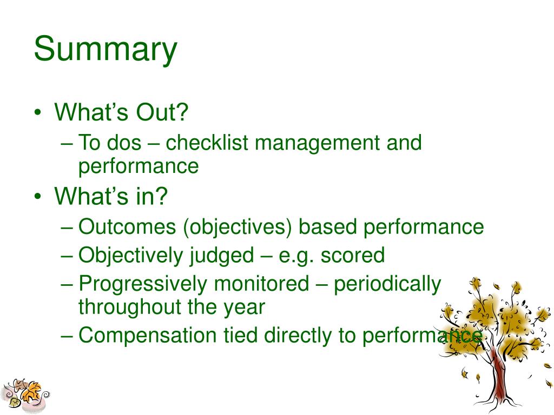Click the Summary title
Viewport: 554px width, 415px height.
pos(105,49)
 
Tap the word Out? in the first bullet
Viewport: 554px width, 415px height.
pos(162,112)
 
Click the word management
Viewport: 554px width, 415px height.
pos(317,143)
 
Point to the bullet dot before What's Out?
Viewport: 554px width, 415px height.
pos(38,113)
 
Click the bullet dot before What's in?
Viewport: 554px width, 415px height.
pos(38,196)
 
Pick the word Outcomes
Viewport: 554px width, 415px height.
pos(127,226)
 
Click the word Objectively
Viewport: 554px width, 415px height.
pos(131,256)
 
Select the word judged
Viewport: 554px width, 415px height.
pos(222,256)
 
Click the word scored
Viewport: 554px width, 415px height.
pos(353,256)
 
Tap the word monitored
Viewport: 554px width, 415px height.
pos(261,284)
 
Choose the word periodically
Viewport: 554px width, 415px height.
pos(387,284)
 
